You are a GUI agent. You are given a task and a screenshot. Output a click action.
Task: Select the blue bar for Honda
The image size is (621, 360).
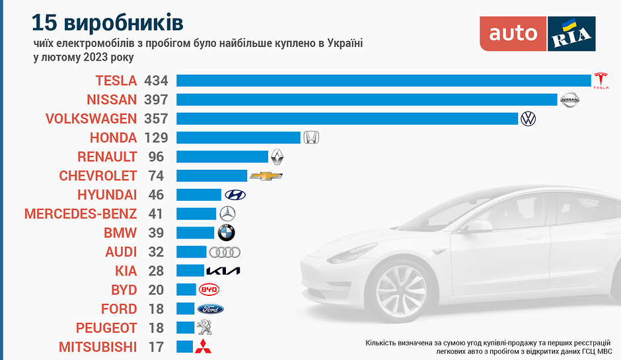(238, 137)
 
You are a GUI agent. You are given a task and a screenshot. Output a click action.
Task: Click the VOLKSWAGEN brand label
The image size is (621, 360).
(91, 119)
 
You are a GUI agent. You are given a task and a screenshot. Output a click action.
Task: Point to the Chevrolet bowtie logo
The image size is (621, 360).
(266, 176)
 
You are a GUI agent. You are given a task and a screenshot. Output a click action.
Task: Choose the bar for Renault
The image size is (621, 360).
(223, 157)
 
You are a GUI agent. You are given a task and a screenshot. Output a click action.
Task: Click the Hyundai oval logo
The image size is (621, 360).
(235, 195)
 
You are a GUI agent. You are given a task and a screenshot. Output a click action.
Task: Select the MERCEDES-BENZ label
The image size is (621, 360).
(81, 214)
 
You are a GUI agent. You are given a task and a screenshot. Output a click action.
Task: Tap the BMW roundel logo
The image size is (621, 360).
(226, 233)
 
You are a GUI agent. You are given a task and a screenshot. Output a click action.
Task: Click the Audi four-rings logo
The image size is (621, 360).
(225, 252)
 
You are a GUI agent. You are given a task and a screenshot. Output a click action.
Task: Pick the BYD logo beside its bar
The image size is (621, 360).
(209, 290)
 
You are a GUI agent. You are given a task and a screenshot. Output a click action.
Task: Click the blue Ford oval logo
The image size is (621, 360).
(211, 309)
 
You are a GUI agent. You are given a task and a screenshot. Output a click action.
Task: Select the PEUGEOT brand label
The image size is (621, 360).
(106, 328)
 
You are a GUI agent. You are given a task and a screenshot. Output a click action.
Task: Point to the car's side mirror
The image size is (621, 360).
(477, 226)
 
